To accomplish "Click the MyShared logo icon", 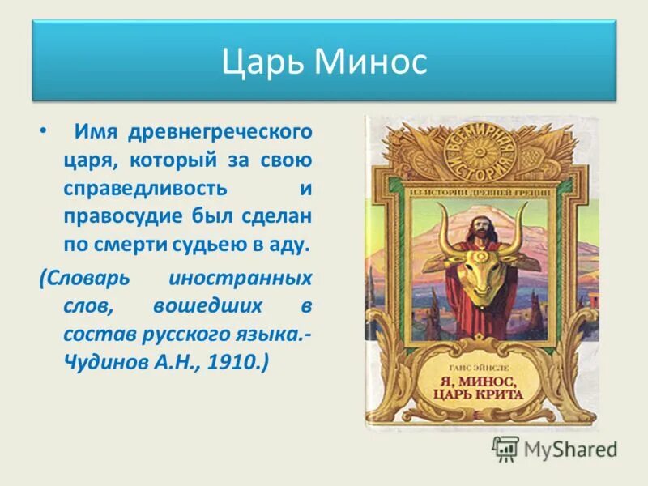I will coord(506,448).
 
